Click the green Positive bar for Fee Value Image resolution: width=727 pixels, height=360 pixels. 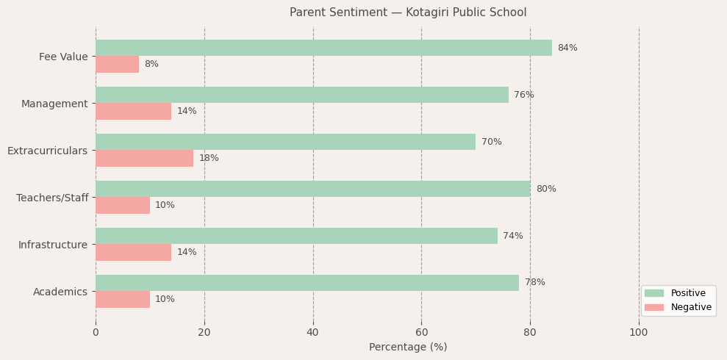click(323, 48)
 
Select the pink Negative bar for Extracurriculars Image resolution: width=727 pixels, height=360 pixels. click(144, 159)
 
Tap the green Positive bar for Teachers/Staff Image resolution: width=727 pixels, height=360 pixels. click(312, 189)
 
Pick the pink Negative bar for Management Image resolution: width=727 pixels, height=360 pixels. click(133, 112)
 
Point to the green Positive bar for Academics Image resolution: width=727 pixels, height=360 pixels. click(307, 283)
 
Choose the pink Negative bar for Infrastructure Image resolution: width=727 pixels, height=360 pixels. click(133, 253)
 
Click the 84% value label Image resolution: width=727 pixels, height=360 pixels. click(567, 48)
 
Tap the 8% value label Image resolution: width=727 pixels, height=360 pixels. click(151, 65)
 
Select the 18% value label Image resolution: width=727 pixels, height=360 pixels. click(209, 159)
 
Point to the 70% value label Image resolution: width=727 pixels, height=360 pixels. click(491, 143)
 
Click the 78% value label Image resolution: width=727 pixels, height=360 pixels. click(534, 283)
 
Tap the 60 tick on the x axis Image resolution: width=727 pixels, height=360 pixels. click(421, 333)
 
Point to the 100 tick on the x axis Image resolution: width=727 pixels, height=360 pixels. click(639, 333)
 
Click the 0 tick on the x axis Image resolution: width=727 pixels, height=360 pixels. click(96, 333)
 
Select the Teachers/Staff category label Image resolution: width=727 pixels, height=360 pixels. click(52, 198)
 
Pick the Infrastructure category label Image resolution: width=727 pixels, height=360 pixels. click(53, 245)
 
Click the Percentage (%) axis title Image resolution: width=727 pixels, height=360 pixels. click(407, 348)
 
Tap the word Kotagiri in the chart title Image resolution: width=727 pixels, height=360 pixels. click(411, 12)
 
